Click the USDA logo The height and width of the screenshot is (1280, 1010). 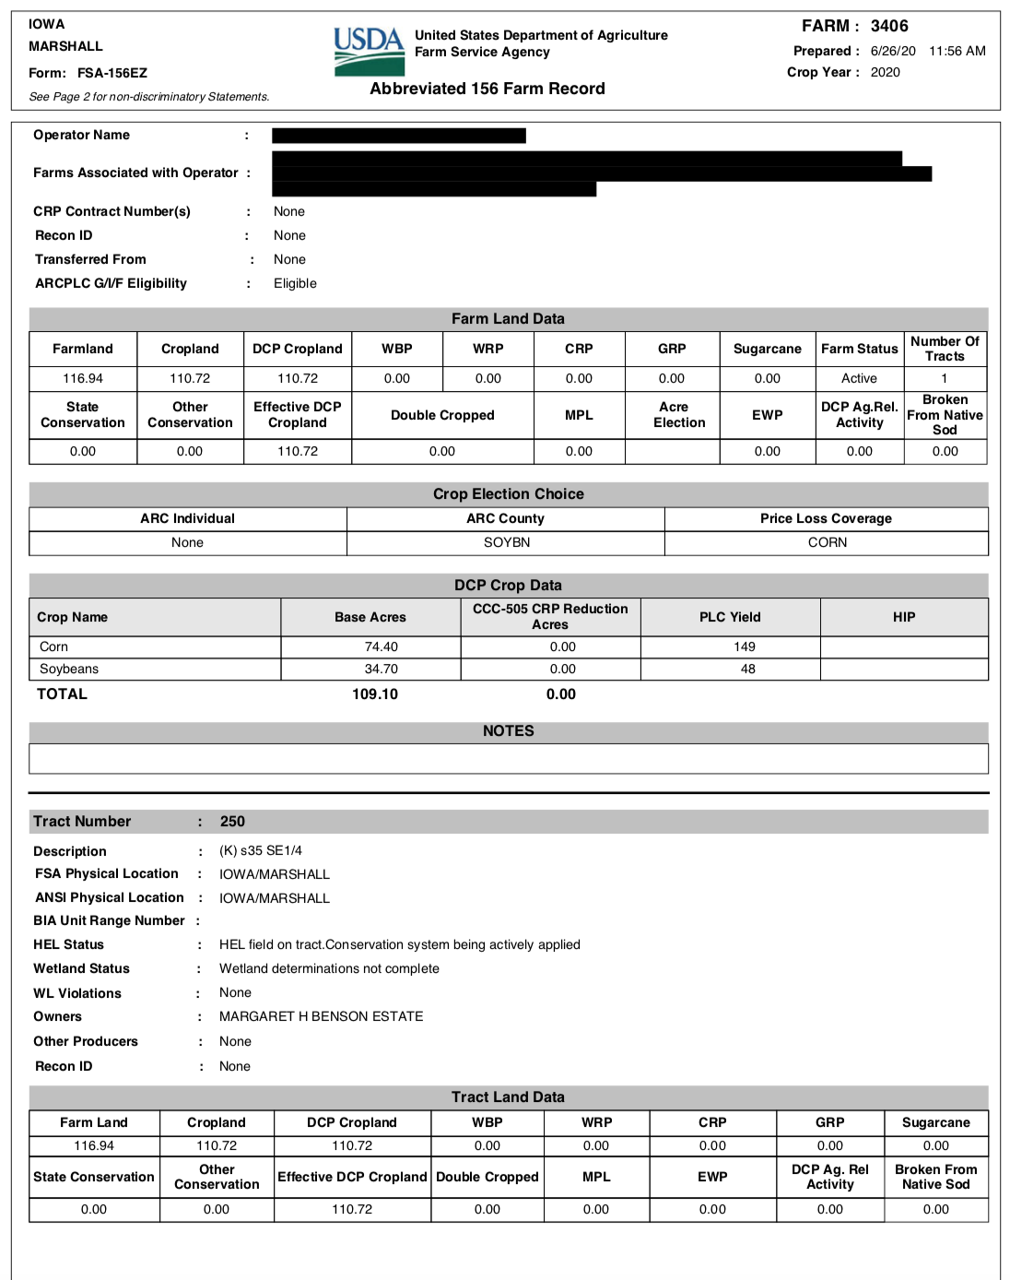point(369,51)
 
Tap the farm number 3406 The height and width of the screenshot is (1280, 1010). point(889,26)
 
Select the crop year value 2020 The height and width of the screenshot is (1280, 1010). point(885,72)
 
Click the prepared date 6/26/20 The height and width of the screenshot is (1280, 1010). point(893,51)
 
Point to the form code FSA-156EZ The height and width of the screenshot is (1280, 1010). point(112,73)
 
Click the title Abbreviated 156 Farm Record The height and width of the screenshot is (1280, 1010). point(487,89)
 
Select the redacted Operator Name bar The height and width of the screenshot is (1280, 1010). point(399,136)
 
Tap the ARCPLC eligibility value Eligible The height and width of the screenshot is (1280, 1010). point(295,283)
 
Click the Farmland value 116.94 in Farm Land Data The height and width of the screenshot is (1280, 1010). point(83,378)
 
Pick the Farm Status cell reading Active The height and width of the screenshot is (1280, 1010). point(859,378)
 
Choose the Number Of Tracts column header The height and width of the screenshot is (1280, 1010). point(945,349)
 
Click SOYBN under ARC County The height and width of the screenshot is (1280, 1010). point(507,542)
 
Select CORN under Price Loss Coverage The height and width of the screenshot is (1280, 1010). point(827,542)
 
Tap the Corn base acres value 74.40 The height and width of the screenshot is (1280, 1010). point(382,646)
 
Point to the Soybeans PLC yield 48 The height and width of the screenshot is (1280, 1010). point(747,669)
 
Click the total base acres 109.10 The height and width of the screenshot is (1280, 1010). point(375,694)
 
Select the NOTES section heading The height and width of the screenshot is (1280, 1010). point(508,731)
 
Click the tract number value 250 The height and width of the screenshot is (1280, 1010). point(232,822)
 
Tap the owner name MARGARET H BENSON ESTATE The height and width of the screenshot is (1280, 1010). point(321,1016)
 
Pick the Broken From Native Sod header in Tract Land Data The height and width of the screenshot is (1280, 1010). point(935,1177)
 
